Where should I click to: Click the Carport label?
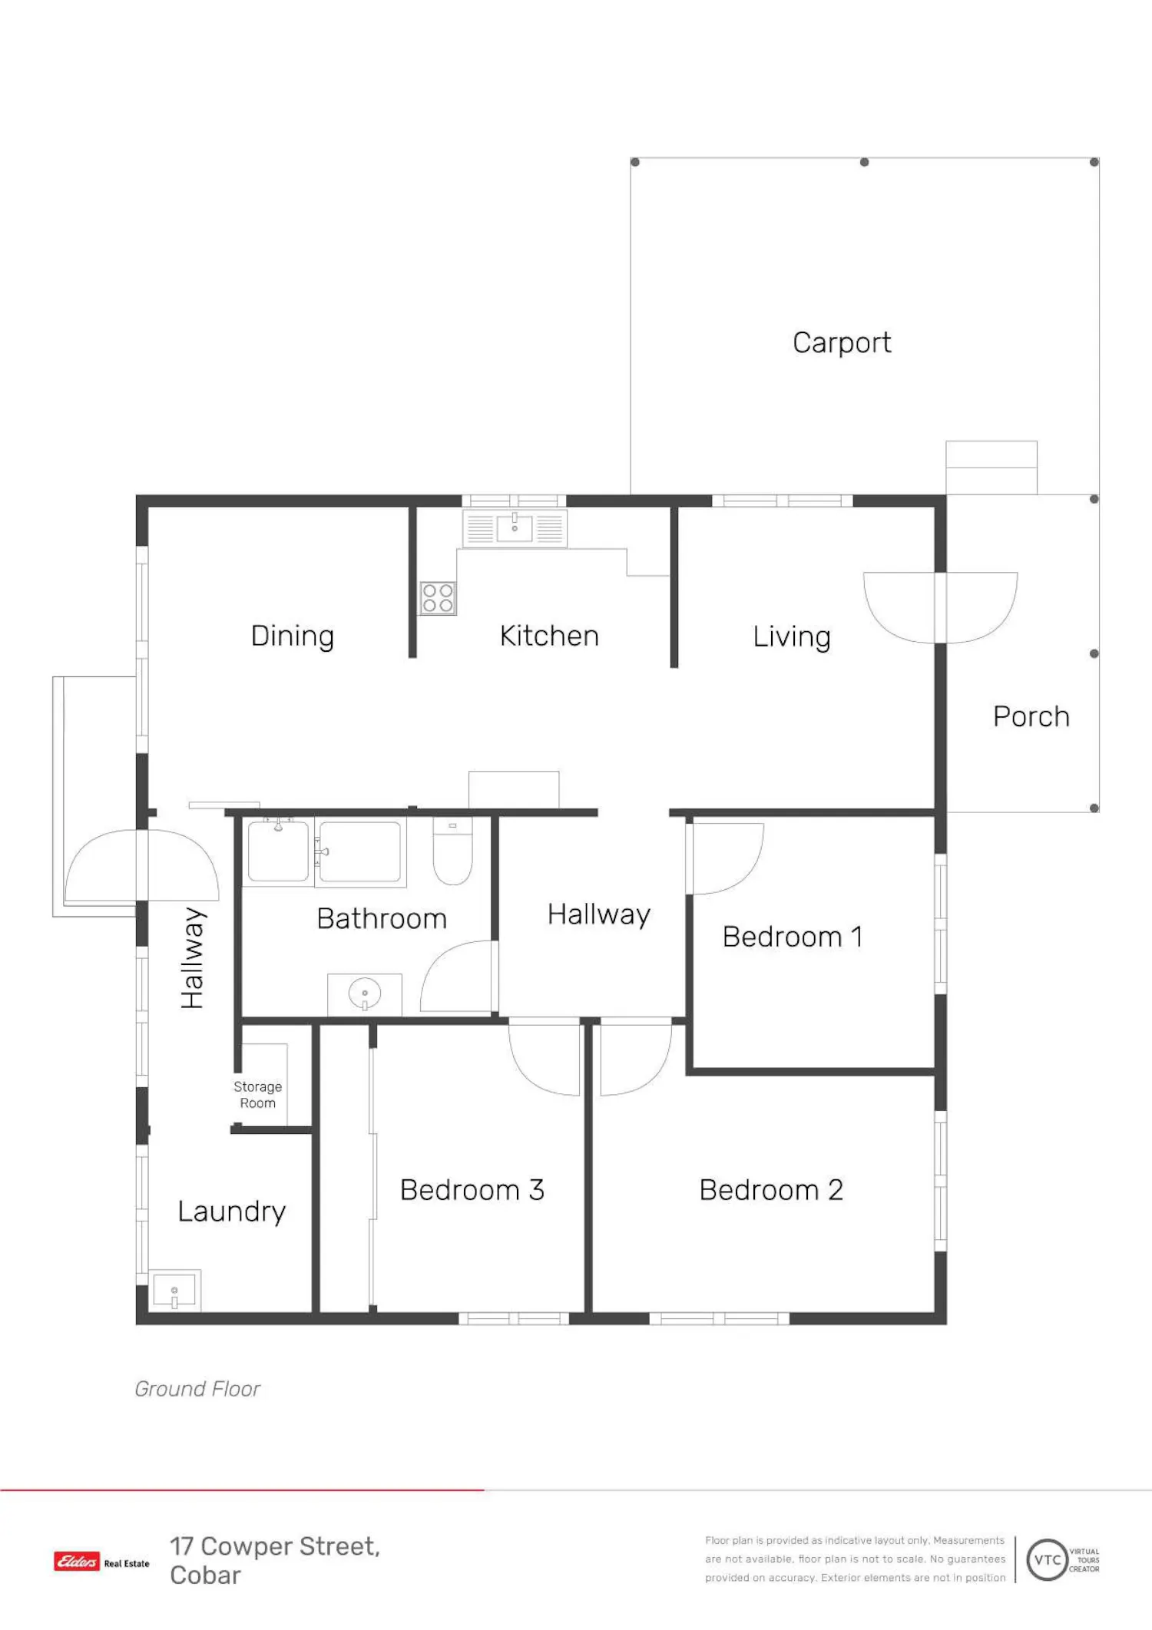(x=842, y=342)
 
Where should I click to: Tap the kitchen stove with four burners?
(x=438, y=598)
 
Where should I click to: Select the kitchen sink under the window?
(x=515, y=527)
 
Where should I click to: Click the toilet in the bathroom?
(x=452, y=851)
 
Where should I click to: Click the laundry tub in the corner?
(x=174, y=1291)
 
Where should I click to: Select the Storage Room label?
(x=258, y=1095)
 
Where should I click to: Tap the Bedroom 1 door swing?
(x=725, y=858)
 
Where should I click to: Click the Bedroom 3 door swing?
(x=545, y=1056)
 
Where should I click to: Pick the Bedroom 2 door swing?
(x=636, y=1056)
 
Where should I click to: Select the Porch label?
(x=1031, y=716)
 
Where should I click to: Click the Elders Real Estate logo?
(x=101, y=1561)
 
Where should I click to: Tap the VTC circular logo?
(x=1048, y=1559)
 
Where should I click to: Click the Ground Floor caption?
(x=197, y=1389)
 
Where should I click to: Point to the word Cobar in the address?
(x=205, y=1575)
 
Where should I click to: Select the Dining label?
(x=293, y=636)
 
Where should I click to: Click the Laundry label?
(x=232, y=1212)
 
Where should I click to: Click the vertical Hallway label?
(x=192, y=957)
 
